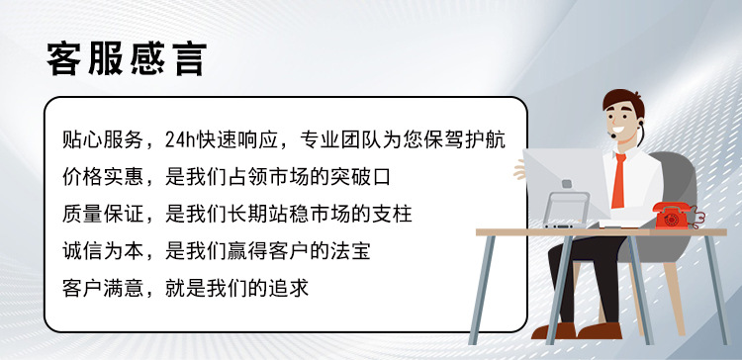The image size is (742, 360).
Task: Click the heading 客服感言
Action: pyautogui.click(x=127, y=58)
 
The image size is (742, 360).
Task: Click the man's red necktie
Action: pyautogui.click(x=617, y=178)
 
